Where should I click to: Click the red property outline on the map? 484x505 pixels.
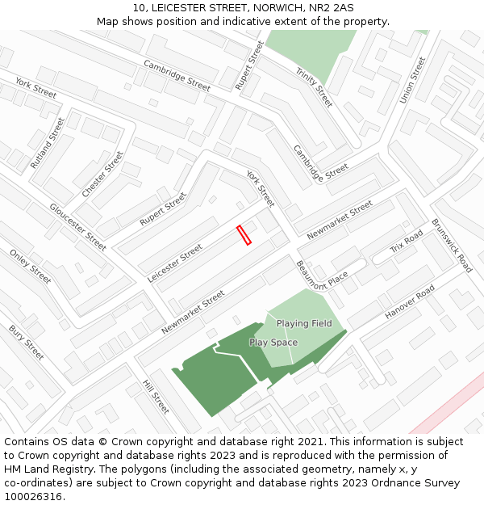(x=244, y=234)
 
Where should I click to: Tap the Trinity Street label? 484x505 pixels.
(x=314, y=87)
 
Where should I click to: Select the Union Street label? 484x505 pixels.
(x=411, y=80)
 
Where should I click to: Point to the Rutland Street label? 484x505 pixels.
(x=47, y=143)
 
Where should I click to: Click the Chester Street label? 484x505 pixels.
(x=102, y=175)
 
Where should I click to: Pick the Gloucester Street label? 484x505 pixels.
(x=77, y=226)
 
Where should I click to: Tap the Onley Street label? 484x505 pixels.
(x=30, y=266)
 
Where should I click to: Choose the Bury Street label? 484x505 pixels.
(x=26, y=343)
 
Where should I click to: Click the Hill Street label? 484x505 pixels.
(x=156, y=397)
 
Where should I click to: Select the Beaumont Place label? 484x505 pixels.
(x=321, y=275)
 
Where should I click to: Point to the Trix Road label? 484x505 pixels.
(x=407, y=241)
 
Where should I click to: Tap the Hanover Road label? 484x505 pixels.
(x=410, y=301)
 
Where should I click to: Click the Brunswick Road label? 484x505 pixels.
(x=452, y=245)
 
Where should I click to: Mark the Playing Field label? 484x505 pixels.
(x=304, y=323)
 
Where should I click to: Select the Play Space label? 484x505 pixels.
(x=273, y=343)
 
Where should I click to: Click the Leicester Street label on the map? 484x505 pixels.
(x=175, y=263)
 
